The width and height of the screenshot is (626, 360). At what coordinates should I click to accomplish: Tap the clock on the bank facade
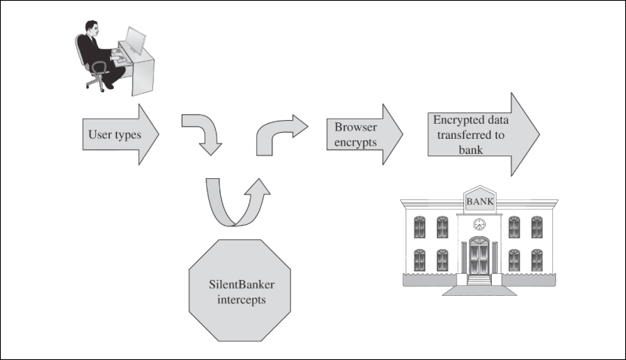point(479,223)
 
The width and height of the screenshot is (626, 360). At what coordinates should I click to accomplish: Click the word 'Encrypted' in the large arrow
point(457,121)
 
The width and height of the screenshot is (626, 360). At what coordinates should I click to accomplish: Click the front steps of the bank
point(479,280)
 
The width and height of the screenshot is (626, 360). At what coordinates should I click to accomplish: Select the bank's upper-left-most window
point(420,226)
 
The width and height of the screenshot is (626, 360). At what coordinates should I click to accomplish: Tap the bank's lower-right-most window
point(537,260)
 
